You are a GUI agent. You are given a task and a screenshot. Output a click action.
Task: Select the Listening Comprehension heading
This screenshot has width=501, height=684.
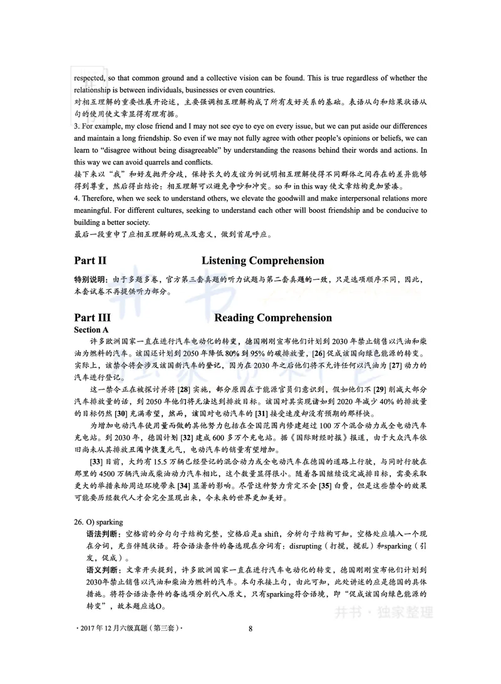262,261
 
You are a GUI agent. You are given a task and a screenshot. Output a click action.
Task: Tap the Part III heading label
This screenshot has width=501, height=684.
92,318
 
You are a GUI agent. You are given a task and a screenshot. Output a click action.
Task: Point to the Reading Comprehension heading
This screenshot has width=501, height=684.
273,318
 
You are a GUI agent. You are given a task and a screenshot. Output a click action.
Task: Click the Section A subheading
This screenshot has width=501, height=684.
91,329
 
